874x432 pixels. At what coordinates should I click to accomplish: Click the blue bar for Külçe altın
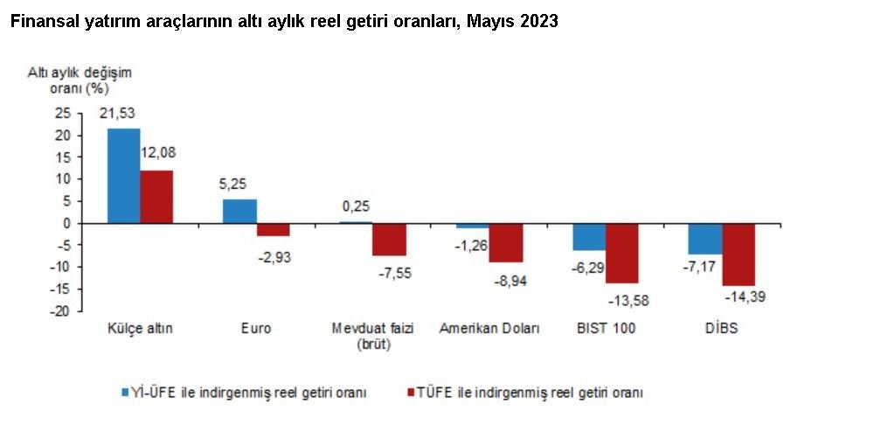coord(123,176)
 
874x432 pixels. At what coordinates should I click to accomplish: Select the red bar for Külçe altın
coord(156,197)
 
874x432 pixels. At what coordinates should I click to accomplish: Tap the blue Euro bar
coord(239,212)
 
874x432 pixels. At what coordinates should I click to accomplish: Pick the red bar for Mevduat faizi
coord(389,240)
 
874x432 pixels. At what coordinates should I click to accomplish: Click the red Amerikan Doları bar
coord(505,242)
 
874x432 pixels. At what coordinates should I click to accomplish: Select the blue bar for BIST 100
coord(589,237)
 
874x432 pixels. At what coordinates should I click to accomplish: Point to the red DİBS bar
coord(739,254)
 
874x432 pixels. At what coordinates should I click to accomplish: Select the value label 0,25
coord(355,206)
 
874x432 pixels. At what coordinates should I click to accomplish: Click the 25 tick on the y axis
coord(62,113)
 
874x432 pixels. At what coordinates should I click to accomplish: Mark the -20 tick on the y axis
coord(59,312)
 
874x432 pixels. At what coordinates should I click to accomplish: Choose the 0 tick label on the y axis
coord(66,223)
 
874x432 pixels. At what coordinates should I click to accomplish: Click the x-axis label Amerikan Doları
coord(489,329)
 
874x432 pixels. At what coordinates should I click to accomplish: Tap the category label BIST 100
coord(606,329)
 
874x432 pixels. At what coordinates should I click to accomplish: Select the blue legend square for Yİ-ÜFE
coord(126,393)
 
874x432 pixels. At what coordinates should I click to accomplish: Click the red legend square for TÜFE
coord(412,393)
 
